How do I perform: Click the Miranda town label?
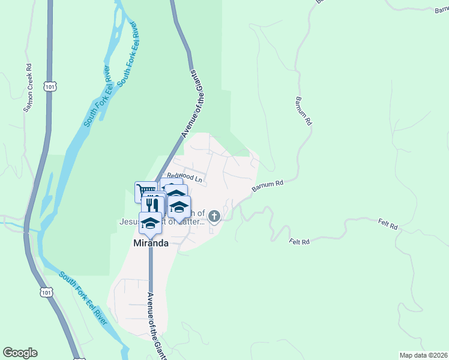pyautogui.click(x=150, y=244)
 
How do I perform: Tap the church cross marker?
pyautogui.click(x=214, y=216)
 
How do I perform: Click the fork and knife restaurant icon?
pyautogui.click(x=153, y=204)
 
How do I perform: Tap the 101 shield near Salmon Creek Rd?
pyautogui.click(x=49, y=86)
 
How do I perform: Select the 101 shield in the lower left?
pyautogui.click(x=47, y=292)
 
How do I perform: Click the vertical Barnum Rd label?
pyautogui.click(x=304, y=110)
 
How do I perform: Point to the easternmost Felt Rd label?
pyautogui.click(x=388, y=226)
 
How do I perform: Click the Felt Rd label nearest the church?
pyautogui.click(x=298, y=241)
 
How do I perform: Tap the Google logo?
pyautogui.click(x=20, y=353)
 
